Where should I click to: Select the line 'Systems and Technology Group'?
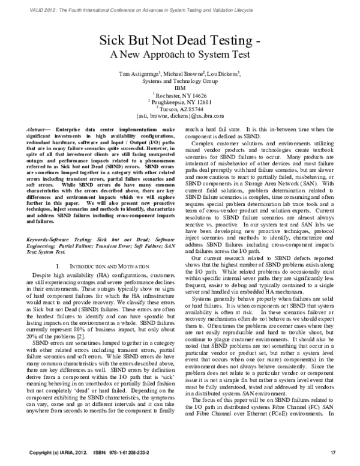click(180, 80)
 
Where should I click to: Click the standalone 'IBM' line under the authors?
click(180, 87)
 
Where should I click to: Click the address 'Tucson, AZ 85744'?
click(181, 108)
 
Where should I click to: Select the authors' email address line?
click(180, 115)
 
